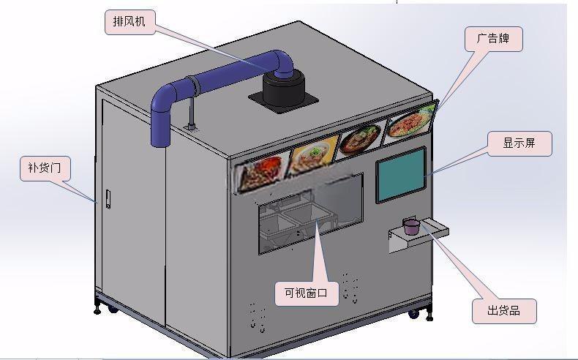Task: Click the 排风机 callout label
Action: (x=130, y=22)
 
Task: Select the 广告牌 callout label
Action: (x=493, y=39)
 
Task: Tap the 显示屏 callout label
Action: (x=519, y=143)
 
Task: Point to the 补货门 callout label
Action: (x=45, y=168)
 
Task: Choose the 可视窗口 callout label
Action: (x=307, y=293)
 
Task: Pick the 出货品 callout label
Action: (x=504, y=311)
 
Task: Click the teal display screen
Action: (x=401, y=175)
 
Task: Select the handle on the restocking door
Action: (x=108, y=199)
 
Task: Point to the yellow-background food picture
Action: (x=313, y=155)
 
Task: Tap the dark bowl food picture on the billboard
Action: (x=361, y=139)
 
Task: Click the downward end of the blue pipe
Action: (x=161, y=142)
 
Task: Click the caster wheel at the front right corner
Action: (x=413, y=314)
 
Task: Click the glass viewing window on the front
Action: (x=311, y=214)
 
